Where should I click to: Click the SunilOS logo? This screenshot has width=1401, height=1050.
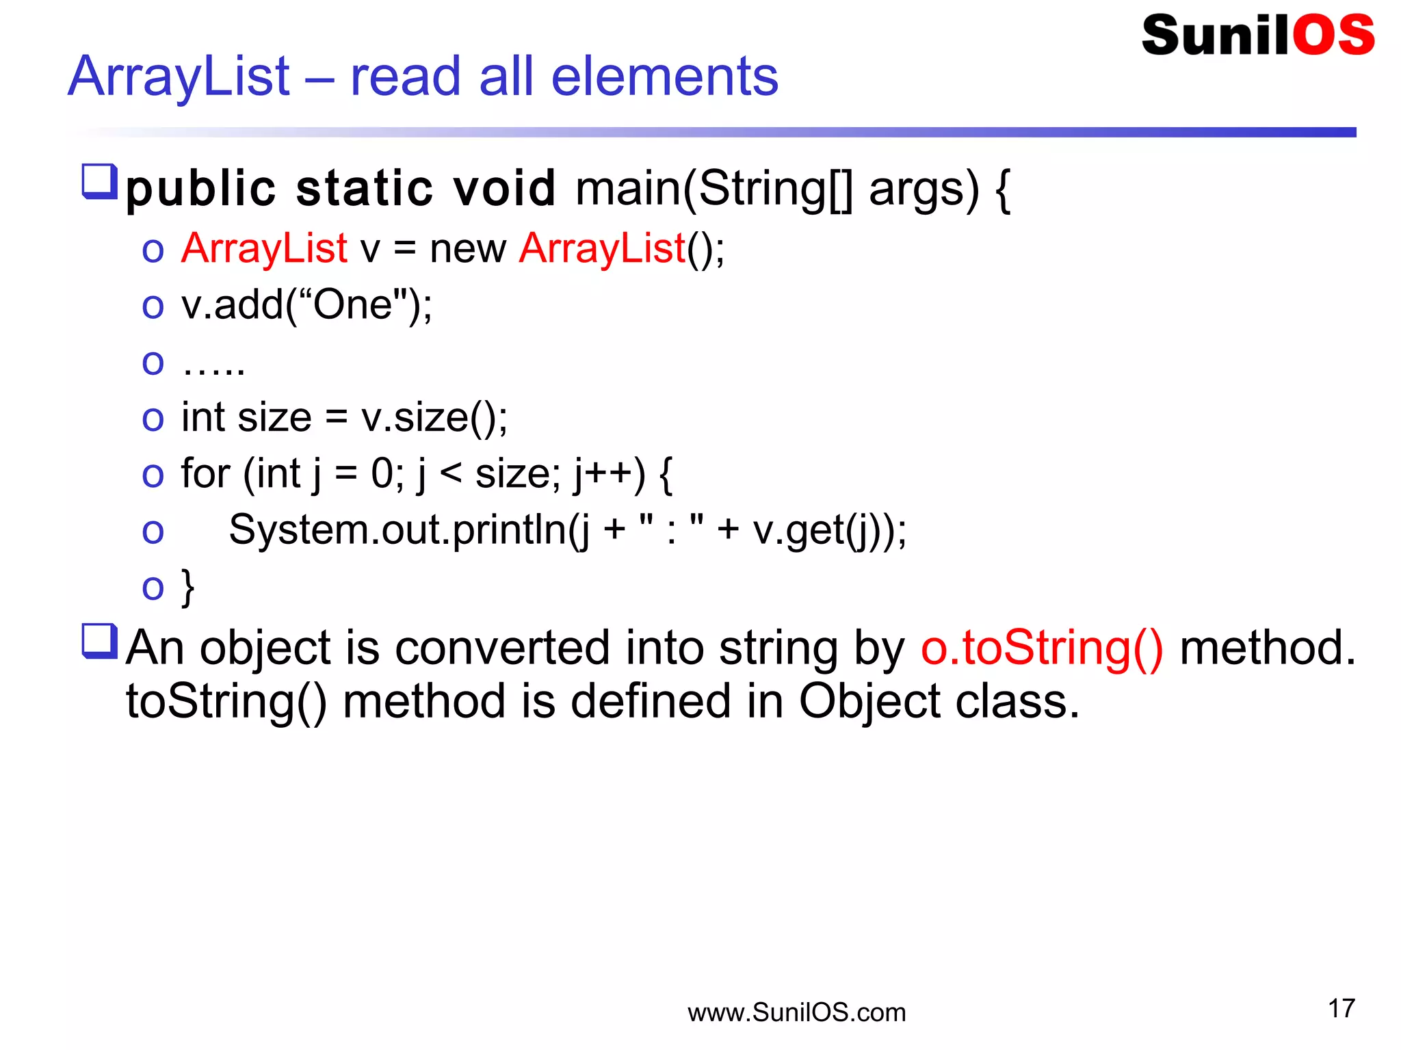point(1257,36)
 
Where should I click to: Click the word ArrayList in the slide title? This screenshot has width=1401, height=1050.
point(179,77)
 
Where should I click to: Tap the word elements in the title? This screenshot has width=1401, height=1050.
point(664,77)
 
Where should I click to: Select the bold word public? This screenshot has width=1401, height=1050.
point(200,189)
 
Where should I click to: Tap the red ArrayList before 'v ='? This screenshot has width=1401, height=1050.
point(264,248)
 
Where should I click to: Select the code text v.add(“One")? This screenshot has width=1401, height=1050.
point(306,305)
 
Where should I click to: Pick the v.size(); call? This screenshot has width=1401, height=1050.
point(434,418)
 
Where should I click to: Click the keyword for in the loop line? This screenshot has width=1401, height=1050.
point(205,473)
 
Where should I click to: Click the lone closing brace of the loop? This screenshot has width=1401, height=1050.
point(187,587)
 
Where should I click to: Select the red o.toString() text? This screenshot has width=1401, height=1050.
point(1041,648)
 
